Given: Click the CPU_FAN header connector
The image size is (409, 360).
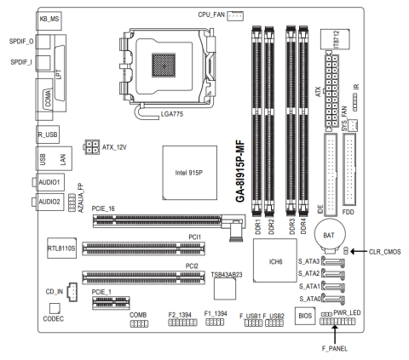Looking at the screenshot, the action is point(235,16).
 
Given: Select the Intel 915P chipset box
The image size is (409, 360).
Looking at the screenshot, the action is point(190,173).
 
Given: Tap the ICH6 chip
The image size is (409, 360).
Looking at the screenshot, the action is point(275,260).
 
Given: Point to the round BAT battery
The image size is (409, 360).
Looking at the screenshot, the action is point(330,235).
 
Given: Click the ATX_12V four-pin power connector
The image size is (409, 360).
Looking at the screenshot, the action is point(92,147).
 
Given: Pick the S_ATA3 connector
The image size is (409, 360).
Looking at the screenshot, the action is point(334,262).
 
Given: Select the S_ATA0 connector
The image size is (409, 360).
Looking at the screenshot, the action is point(334,299).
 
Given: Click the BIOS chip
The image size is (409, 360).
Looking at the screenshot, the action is point(305,316).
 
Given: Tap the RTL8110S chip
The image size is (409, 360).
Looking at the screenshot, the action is point(61,248).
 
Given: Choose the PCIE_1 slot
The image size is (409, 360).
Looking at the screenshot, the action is point(111,303).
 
